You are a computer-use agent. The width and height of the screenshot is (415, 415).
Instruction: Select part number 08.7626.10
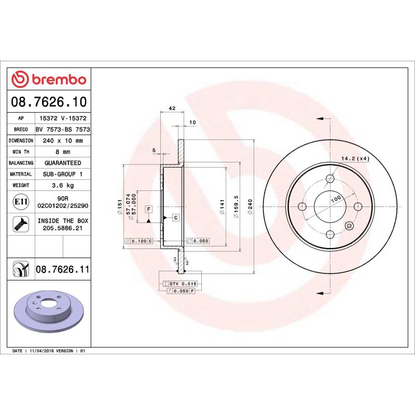click(x=49, y=101)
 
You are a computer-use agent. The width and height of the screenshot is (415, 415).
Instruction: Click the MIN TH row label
click(x=21, y=152)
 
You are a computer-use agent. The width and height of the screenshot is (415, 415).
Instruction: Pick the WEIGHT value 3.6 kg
click(x=63, y=185)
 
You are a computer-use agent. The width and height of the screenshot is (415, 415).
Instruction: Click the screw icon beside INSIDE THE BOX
click(x=21, y=224)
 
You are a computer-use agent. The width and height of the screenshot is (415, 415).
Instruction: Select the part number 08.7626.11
click(x=63, y=269)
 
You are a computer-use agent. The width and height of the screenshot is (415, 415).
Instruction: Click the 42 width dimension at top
click(x=172, y=108)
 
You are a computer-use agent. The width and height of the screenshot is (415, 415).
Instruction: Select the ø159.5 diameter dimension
click(x=236, y=207)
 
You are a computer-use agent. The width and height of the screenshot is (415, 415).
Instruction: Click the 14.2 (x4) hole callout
click(x=355, y=158)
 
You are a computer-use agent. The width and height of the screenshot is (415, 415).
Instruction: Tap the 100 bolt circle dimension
click(x=336, y=199)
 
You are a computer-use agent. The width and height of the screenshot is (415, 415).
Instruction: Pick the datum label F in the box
click(x=148, y=209)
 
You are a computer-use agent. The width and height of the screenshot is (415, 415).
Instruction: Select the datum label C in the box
click(x=175, y=217)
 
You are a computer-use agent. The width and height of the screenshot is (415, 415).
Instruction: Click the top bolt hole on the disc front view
click(x=330, y=179)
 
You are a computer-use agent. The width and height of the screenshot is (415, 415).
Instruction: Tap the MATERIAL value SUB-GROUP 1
click(x=63, y=174)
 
